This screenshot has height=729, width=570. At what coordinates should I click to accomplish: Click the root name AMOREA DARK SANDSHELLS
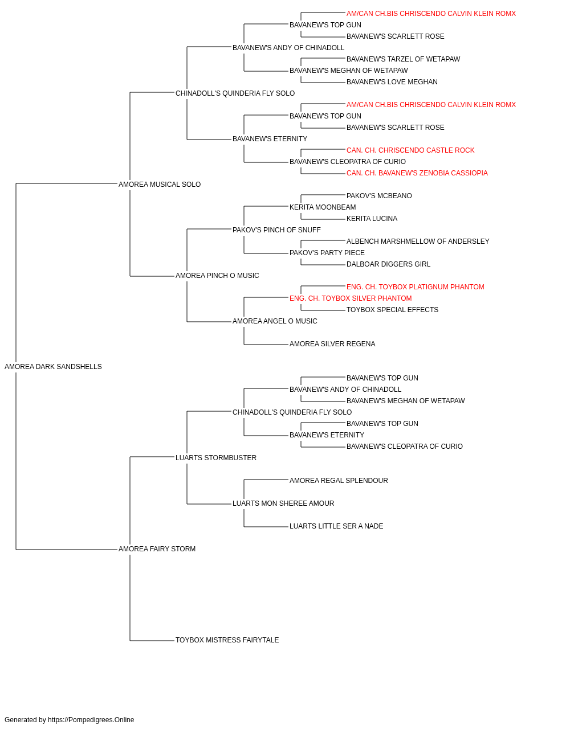point(53,367)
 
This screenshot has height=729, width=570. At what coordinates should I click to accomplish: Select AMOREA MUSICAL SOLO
point(160,185)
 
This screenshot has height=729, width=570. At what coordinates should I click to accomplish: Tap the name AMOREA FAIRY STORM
point(157,549)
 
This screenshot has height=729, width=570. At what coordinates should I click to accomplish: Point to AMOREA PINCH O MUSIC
point(217,276)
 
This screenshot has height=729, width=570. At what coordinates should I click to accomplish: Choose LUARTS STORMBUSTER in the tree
point(216,458)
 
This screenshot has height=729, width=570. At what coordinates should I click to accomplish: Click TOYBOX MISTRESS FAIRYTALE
point(227,640)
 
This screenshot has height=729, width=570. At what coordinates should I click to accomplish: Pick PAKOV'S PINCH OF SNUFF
point(276,230)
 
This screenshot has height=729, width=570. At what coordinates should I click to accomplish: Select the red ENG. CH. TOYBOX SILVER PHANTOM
point(351,298)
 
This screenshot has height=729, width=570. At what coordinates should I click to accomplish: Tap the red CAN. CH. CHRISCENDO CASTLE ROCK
point(410,150)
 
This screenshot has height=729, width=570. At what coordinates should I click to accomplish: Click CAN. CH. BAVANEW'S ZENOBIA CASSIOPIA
point(417,173)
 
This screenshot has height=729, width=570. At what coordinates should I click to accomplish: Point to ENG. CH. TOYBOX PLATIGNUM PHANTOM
point(416,287)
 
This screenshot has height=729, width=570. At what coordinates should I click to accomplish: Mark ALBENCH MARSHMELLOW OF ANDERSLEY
point(418,241)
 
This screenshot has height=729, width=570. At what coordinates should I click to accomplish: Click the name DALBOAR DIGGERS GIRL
point(388,264)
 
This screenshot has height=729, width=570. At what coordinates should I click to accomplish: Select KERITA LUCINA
point(372,219)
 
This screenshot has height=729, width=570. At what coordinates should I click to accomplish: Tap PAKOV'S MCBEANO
point(379,196)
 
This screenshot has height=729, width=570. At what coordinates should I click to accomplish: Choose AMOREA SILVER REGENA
point(332,344)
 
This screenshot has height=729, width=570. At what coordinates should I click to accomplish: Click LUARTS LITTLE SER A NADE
point(336,526)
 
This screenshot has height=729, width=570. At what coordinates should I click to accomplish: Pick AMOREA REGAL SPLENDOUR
point(339,481)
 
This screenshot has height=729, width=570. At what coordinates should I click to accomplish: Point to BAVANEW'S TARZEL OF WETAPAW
point(403,59)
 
